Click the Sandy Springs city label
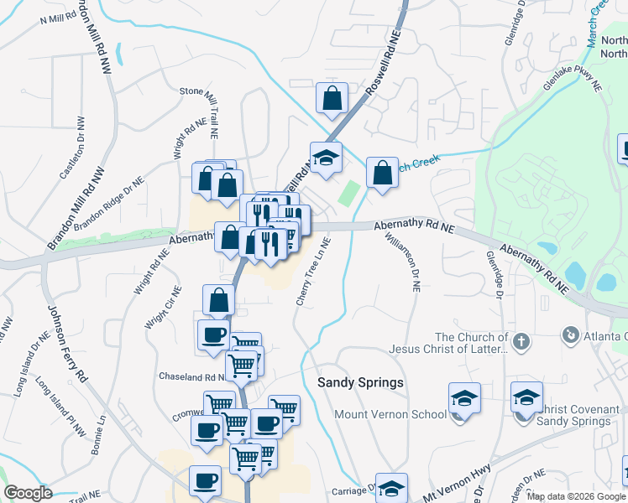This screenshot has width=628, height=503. [360, 382]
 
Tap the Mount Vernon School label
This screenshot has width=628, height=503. [390, 414]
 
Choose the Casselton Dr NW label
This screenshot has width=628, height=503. [73, 153]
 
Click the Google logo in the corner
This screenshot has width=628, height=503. [28, 493]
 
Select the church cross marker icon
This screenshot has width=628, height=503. [521, 341]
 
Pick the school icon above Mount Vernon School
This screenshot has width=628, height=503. [463, 397]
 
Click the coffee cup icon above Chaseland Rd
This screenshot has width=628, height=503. [212, 334]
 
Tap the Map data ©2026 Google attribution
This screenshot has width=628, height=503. [576, 496]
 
